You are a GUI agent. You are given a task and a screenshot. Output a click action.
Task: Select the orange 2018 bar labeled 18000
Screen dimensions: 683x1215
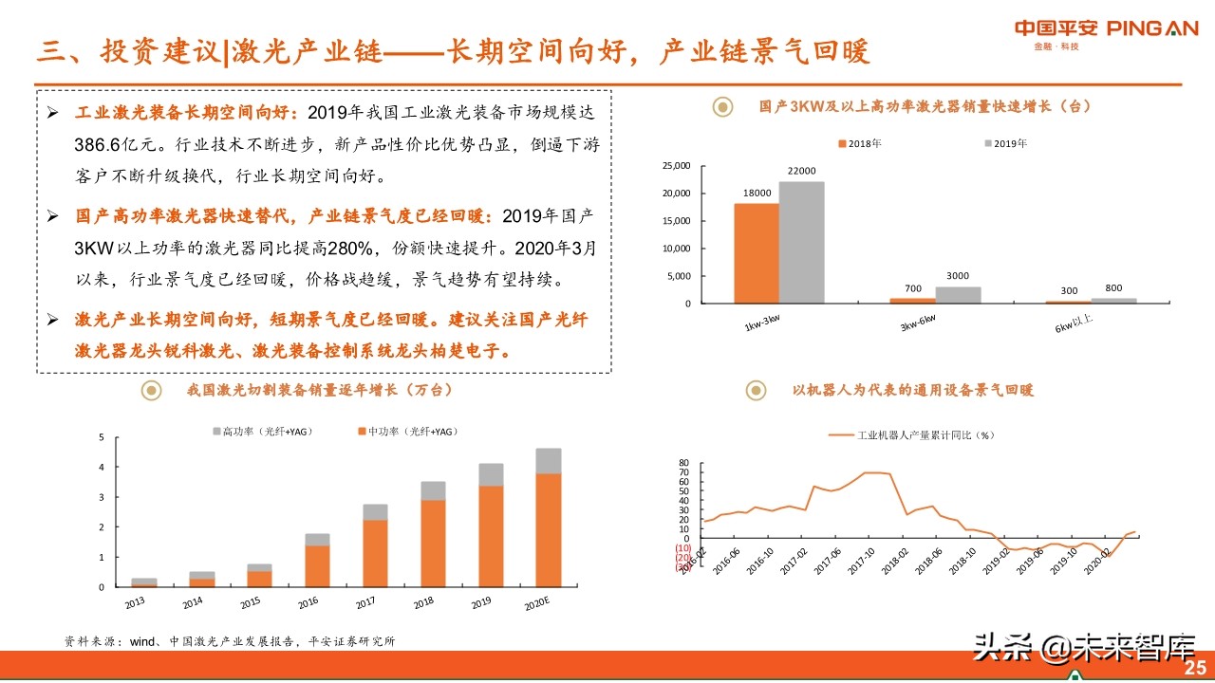pos(756,253)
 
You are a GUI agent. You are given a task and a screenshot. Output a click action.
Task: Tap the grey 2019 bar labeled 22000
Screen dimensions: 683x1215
pos(801,242)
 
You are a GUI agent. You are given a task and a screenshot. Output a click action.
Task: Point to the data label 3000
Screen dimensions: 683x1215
pos(958,276)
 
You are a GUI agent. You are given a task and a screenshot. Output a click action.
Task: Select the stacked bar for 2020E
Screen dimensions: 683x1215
pos(549,517)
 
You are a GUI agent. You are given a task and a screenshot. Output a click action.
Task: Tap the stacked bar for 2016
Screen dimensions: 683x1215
pos(317,560)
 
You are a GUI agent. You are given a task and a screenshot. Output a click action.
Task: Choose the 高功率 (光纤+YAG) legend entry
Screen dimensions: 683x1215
pos(261,432)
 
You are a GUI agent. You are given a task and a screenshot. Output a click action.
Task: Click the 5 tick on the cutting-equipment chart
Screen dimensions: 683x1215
pos(102,437)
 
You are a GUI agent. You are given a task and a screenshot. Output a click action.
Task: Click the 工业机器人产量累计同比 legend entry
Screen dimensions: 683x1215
pos(911,435)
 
